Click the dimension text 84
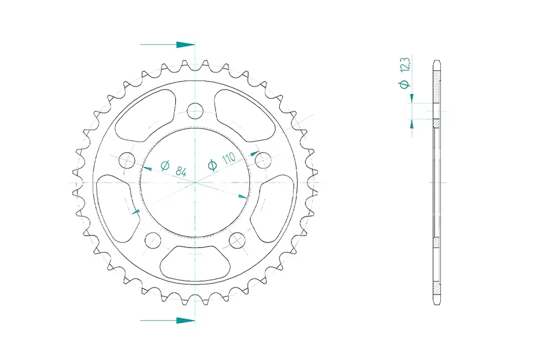(x=181, y=171)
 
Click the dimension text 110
(x=228, y=158)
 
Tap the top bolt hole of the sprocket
(x=195, y=110)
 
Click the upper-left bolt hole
(x=127, y=160)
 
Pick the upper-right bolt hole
(x=263, y=160)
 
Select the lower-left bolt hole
(x=153, y=240)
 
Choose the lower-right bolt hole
(x=237, y=240)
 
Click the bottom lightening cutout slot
(x=195, y=263)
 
